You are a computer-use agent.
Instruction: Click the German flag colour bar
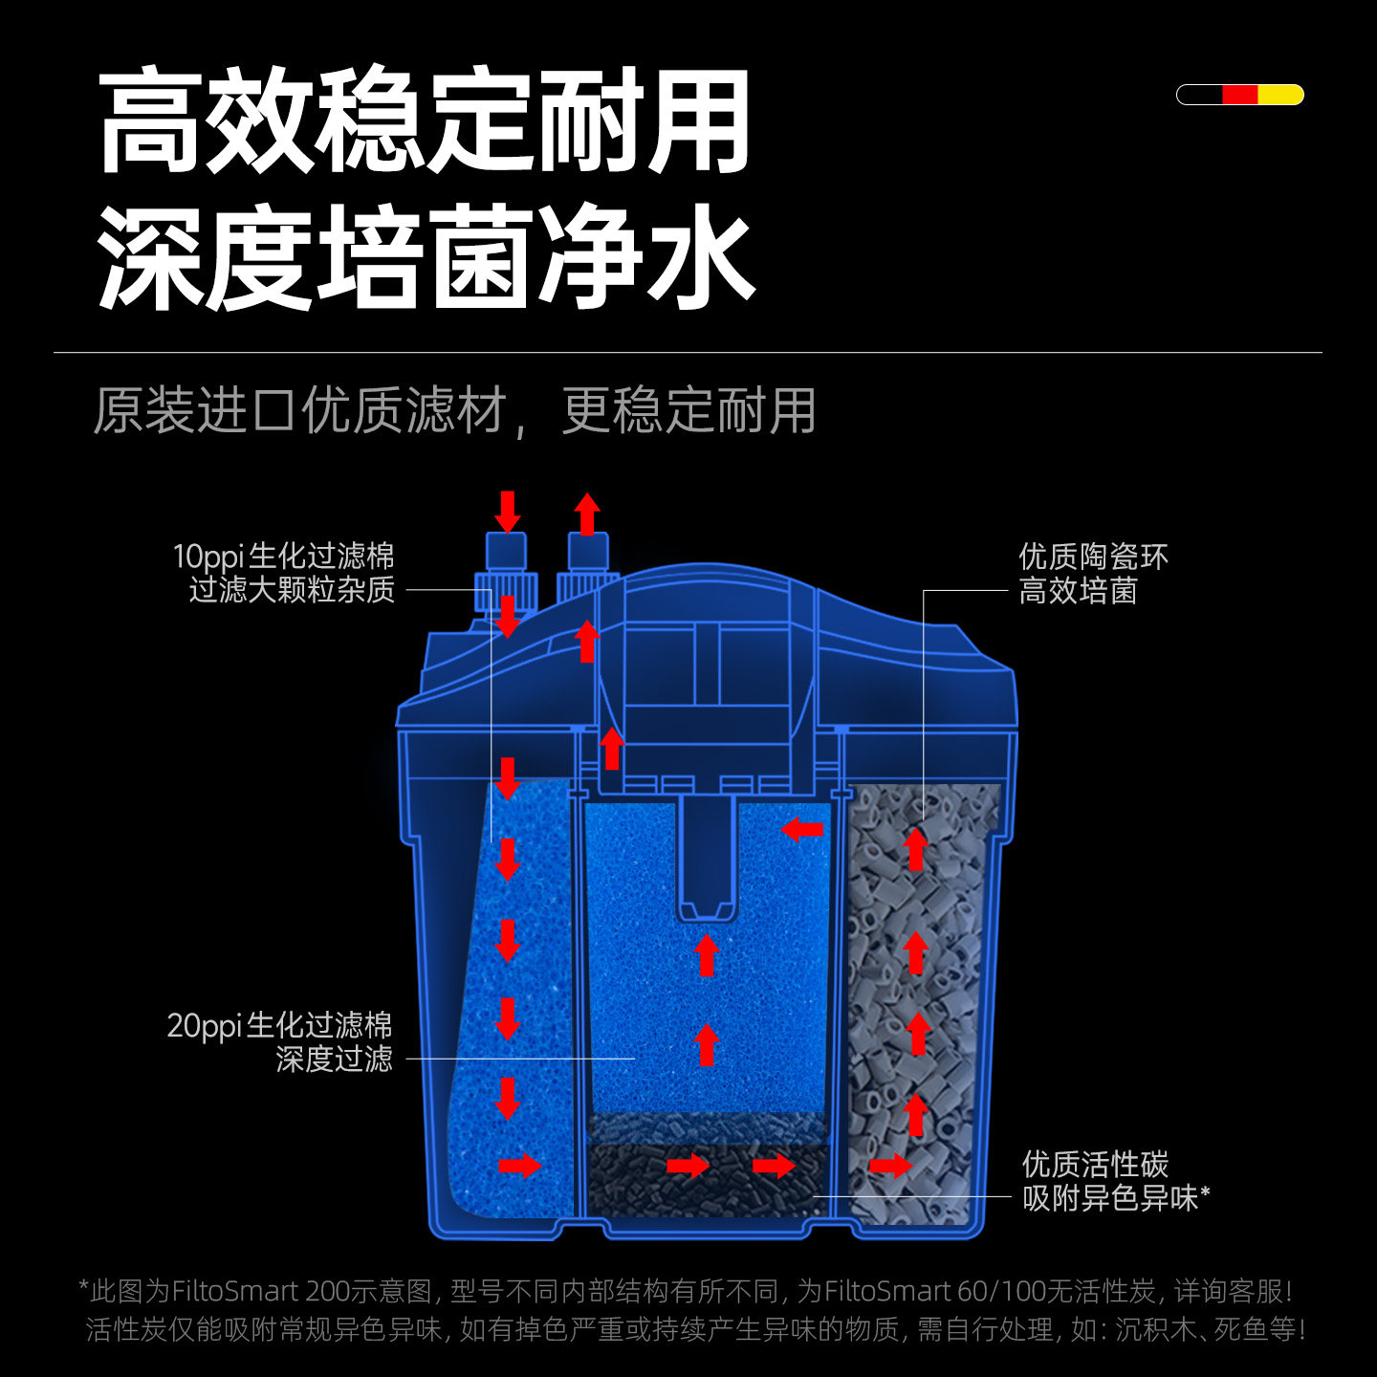(1239, 95)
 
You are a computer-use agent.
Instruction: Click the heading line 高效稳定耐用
(425, 120)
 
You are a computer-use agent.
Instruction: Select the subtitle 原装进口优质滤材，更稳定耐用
(454, 411)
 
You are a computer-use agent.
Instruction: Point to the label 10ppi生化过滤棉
(283, 557)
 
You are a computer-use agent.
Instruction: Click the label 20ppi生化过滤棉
(279, 1025)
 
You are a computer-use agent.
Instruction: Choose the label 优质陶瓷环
(1093, 557)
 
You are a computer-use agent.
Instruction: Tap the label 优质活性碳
(1095, 1164)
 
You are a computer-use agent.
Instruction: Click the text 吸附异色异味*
(1115, 1197)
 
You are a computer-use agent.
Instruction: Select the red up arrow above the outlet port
(587, 514)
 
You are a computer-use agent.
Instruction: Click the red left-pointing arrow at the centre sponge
(802, 828)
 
